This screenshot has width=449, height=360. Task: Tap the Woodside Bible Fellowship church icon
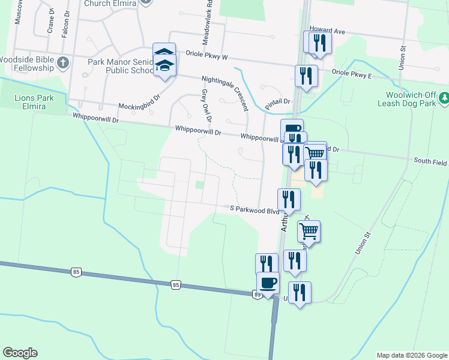click(62, 62)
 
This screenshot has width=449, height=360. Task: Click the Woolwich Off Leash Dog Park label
click(411, 99)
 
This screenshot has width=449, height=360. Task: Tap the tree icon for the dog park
click(444, 97)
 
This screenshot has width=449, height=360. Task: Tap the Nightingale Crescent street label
click(225, 93)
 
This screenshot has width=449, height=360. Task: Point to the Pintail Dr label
click(277, 103)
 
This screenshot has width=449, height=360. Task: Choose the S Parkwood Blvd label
click(255, 208)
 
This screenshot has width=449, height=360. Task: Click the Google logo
click(20, 353)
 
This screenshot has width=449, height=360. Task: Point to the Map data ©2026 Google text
click(411, 355)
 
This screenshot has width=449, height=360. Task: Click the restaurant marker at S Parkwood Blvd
click(289, 200)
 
